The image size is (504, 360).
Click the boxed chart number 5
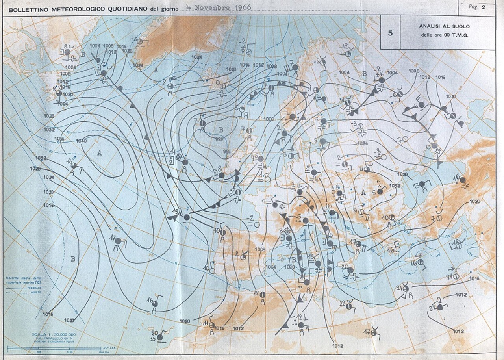coord(390,33)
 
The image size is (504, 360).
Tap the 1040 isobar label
coord(82,141)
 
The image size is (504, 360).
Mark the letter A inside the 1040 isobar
coord(100,153)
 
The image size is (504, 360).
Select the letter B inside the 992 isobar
coord(221,130)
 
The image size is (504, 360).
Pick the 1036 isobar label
coord(59,138)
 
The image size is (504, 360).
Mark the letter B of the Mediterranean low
coord(293,260)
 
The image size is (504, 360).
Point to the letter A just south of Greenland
coord(156,70)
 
